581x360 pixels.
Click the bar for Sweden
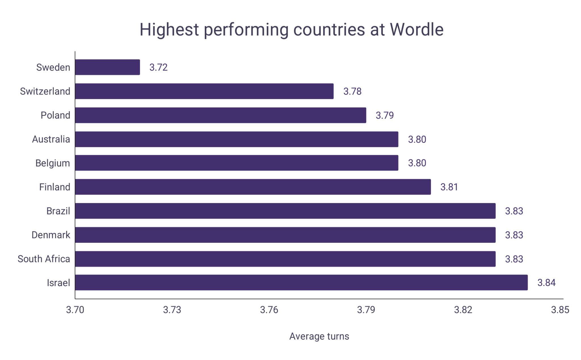108,67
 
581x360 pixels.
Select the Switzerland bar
204,91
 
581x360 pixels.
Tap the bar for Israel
301,282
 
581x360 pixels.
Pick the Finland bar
253,187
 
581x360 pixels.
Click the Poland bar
220,115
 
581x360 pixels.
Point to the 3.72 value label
158,67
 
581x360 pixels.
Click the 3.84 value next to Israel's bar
546,282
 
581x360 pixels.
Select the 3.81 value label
449,187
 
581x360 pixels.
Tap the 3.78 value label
352,91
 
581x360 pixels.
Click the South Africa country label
44,259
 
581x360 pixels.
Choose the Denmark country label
51,235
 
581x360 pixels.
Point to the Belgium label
52,163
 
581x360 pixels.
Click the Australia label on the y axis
51,139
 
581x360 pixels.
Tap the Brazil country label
58,211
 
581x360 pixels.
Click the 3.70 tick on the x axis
75,310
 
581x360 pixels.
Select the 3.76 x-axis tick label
269,310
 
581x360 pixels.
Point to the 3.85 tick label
560,310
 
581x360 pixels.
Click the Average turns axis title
319,336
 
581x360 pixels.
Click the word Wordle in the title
416,30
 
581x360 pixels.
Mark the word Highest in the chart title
169,30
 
